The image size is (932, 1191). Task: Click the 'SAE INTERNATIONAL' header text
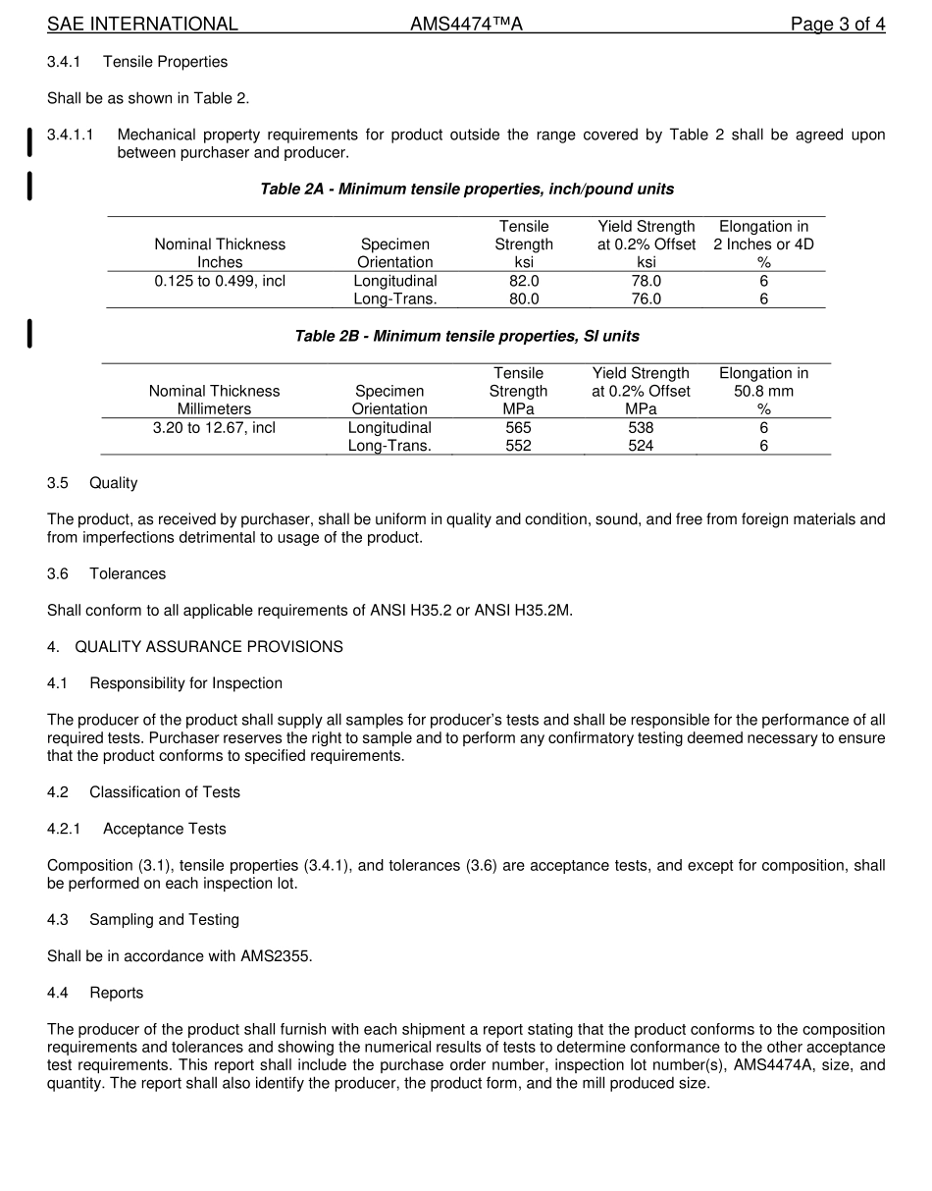click(x=142, y=25)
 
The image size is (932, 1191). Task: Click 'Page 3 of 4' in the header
click(x=838, y=25)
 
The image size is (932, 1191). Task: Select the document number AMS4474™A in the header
click(x=466, y=25)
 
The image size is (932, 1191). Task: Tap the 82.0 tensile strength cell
click(x=524, y=281)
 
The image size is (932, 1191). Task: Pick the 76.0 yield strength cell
click(x=646, y=299)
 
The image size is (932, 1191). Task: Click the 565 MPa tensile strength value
click(x=518, y=428)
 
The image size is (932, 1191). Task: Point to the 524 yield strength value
click(x=641, y=446)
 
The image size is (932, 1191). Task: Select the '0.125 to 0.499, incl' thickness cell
click(x=220, y=281)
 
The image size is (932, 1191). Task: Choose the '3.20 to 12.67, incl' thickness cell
click(x=214, y=428)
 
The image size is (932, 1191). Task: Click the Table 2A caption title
click(x=466, y=189)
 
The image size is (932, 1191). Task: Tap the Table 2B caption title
click(x=466, y=336)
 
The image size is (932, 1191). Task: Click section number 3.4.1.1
click(x=71, y=135)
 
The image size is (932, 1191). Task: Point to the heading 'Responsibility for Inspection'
click(x=185, y=683)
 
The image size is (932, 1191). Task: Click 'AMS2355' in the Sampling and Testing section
click(x=276, y=956)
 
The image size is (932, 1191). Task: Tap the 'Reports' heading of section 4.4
click(x=116, y=993)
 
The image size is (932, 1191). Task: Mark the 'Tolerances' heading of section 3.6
click(x=128, y=573)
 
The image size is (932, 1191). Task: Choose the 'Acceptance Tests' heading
click(x=164, y=829)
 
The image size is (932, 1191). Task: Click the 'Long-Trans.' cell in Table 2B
click(x=389, y=446)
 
